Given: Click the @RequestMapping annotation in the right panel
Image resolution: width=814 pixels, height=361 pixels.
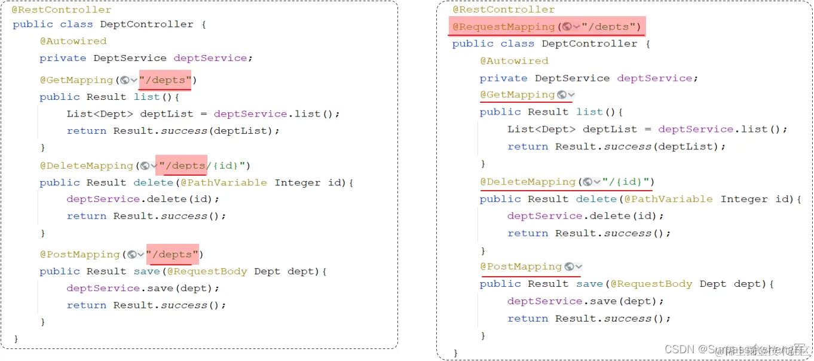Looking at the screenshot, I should pos(503,27).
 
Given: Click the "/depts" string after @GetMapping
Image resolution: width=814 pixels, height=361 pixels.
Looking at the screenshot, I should pos(166,80).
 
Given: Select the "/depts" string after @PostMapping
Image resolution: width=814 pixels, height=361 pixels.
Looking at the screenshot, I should pos(172,255).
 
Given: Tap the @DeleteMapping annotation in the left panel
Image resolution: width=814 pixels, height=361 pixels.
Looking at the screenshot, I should pos(86,166).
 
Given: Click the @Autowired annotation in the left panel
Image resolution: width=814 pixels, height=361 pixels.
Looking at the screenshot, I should pos(73,41).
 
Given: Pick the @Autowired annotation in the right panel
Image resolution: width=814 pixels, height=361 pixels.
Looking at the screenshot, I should pos(514,61).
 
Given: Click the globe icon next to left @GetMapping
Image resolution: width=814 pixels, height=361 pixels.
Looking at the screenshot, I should pos(125,80).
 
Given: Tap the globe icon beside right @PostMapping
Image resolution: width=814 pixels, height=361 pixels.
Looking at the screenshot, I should pos(570,267).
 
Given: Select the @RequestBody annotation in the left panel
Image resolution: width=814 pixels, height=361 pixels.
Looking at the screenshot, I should pos(207,271).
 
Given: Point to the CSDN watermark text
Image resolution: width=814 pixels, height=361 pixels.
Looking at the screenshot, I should pos(679,349).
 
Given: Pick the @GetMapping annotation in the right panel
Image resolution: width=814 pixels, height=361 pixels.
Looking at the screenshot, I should pos(517,95).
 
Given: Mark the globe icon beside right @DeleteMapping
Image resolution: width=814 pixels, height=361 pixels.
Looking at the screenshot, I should pos(588,182).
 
